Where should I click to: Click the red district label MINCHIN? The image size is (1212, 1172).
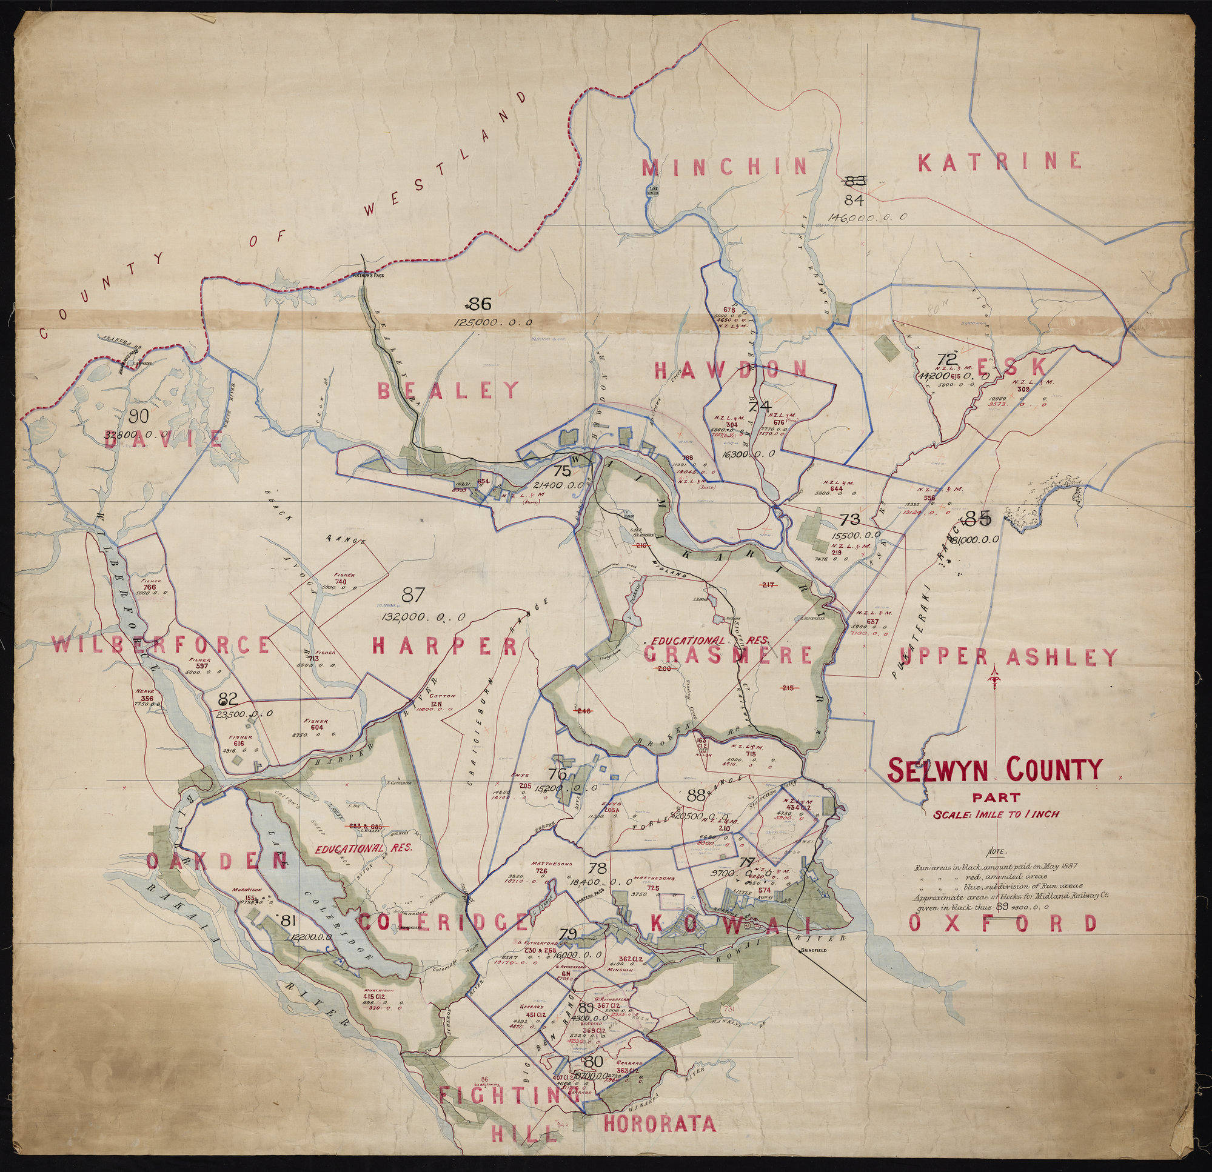point(725,167)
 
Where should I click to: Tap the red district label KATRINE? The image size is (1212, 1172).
point(999,162)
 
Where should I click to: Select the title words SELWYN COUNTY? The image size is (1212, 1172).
point(995,770)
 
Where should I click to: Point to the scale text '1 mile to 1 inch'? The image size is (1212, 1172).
point(996,814)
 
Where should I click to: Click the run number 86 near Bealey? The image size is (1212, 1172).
point(478,304)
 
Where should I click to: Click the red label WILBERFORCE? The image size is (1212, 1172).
point(160,645)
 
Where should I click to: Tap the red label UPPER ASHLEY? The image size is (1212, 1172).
point(1008,656)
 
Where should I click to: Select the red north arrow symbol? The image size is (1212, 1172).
point(994,679)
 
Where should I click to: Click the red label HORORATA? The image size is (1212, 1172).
point(658,1123)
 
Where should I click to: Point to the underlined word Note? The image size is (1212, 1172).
point(997,851)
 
